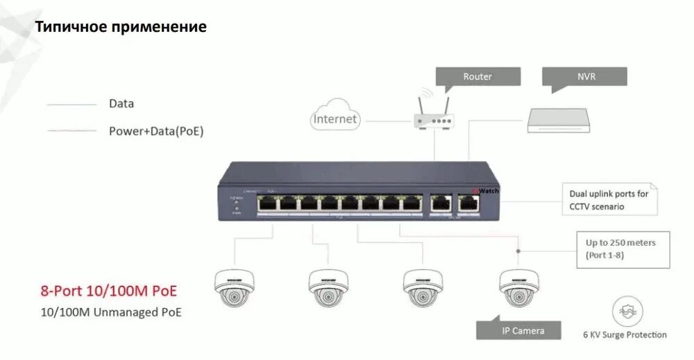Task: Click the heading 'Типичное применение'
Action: pos(121,27)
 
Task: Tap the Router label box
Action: pos(477,76)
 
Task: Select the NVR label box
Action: pos(584,76)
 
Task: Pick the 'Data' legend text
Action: pos(121,103)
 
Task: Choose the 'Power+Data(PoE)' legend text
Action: pos(156,130)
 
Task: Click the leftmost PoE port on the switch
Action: pos(267,203)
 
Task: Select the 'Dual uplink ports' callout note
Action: pos(609,200)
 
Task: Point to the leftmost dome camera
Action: pos(233,286)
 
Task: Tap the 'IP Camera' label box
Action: pos(523,331)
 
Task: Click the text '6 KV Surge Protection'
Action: pos(625,335)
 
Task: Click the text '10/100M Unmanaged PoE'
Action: pos(112,312)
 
